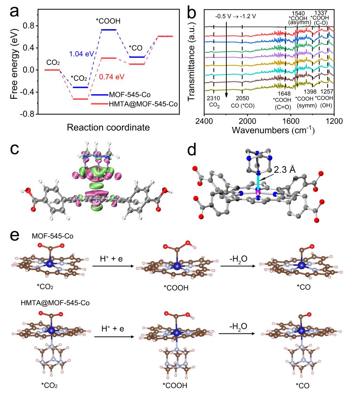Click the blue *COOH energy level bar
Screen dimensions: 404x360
pyautogui.click(x=108, y=30)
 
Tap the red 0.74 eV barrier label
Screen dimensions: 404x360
pyautogui.click(x=112, y=76)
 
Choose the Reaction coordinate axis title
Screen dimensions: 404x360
pyautogui.click(x=108, y=127)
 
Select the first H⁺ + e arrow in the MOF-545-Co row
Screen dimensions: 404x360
pyautogui.click(x=113, y=266)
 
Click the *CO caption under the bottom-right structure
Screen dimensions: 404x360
pyautogui.click(x=303, y=385)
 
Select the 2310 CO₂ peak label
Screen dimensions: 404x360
pyautogui.click(x=213, y=102)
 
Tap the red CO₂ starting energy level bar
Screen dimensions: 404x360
pyautogui.click(x=52, y=70)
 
